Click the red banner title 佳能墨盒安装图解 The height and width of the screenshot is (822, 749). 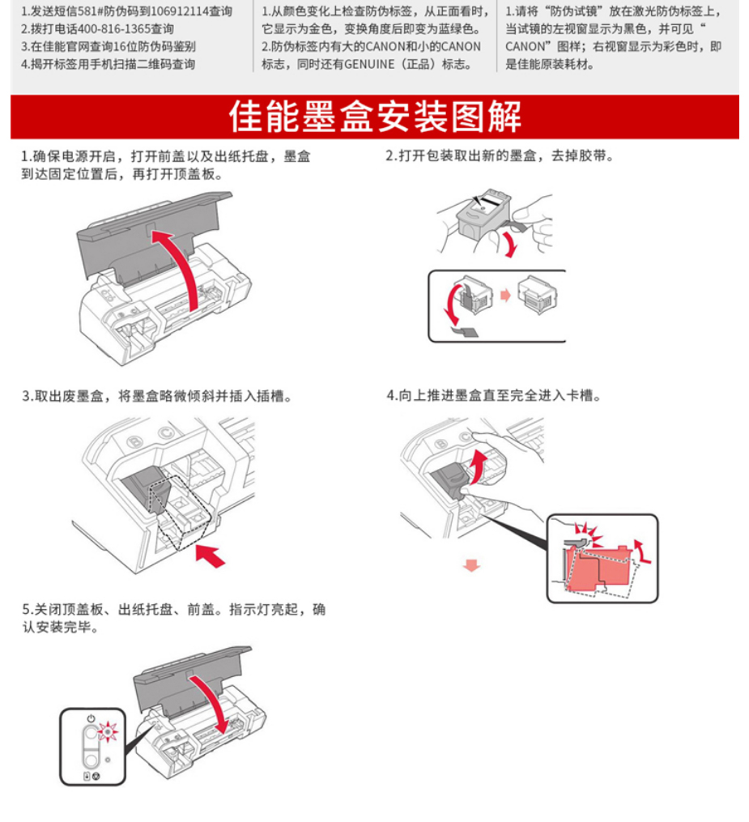375,117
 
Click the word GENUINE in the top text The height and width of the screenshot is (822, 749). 369,65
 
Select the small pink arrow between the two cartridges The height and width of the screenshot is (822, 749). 505,295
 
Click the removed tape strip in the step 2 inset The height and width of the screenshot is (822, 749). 465,331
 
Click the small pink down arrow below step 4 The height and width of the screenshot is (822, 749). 472,565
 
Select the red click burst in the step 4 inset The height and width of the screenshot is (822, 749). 588,535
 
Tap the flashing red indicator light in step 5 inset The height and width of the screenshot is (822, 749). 108,731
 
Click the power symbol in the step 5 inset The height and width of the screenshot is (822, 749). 91,718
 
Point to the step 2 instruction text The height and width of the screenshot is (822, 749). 500,155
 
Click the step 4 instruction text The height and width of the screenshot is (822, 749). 493,395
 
